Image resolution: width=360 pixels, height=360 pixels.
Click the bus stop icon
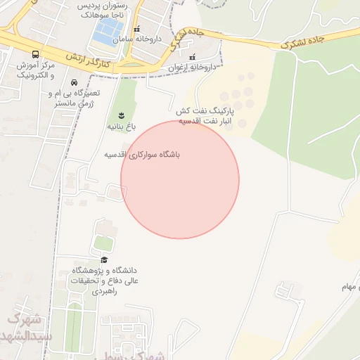coord(36,53)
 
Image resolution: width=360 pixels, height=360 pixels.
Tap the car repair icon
coord(74,82)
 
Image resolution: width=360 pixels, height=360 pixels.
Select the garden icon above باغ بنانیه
coord(121,115)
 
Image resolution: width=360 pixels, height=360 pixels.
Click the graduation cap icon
coord(104,259)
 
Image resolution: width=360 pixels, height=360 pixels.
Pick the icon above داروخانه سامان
coord(137,30)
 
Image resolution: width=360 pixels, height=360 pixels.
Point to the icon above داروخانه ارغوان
coord(192,57)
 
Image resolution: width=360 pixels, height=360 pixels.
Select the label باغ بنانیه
coord(120,127)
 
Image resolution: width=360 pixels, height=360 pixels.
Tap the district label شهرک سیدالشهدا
coord(27,327)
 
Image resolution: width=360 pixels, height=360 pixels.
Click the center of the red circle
coord(180,179)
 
